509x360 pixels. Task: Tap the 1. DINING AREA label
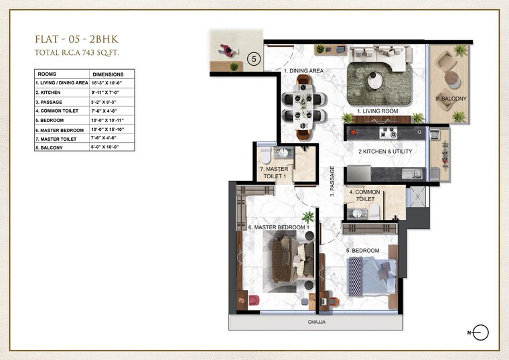coord(303,70)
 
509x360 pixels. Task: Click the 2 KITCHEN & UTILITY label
coord(385,152)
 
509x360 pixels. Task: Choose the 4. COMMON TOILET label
coord(366,196)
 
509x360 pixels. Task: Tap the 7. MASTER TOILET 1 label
coord(276,173)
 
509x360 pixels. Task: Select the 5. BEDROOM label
coord(362,251)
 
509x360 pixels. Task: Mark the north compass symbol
coord(481,333)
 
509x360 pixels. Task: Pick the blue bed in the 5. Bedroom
coord(370,276)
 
